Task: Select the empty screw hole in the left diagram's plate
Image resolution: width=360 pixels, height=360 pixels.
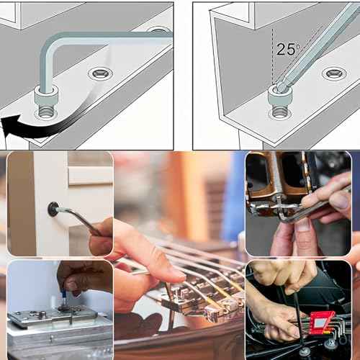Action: click(100, 73)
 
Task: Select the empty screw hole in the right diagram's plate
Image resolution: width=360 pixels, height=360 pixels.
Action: click(333, 73)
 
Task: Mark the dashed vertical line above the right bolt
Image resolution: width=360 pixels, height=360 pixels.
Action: click(274, 58)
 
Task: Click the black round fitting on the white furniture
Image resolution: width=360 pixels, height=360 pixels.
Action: click(53, 209)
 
